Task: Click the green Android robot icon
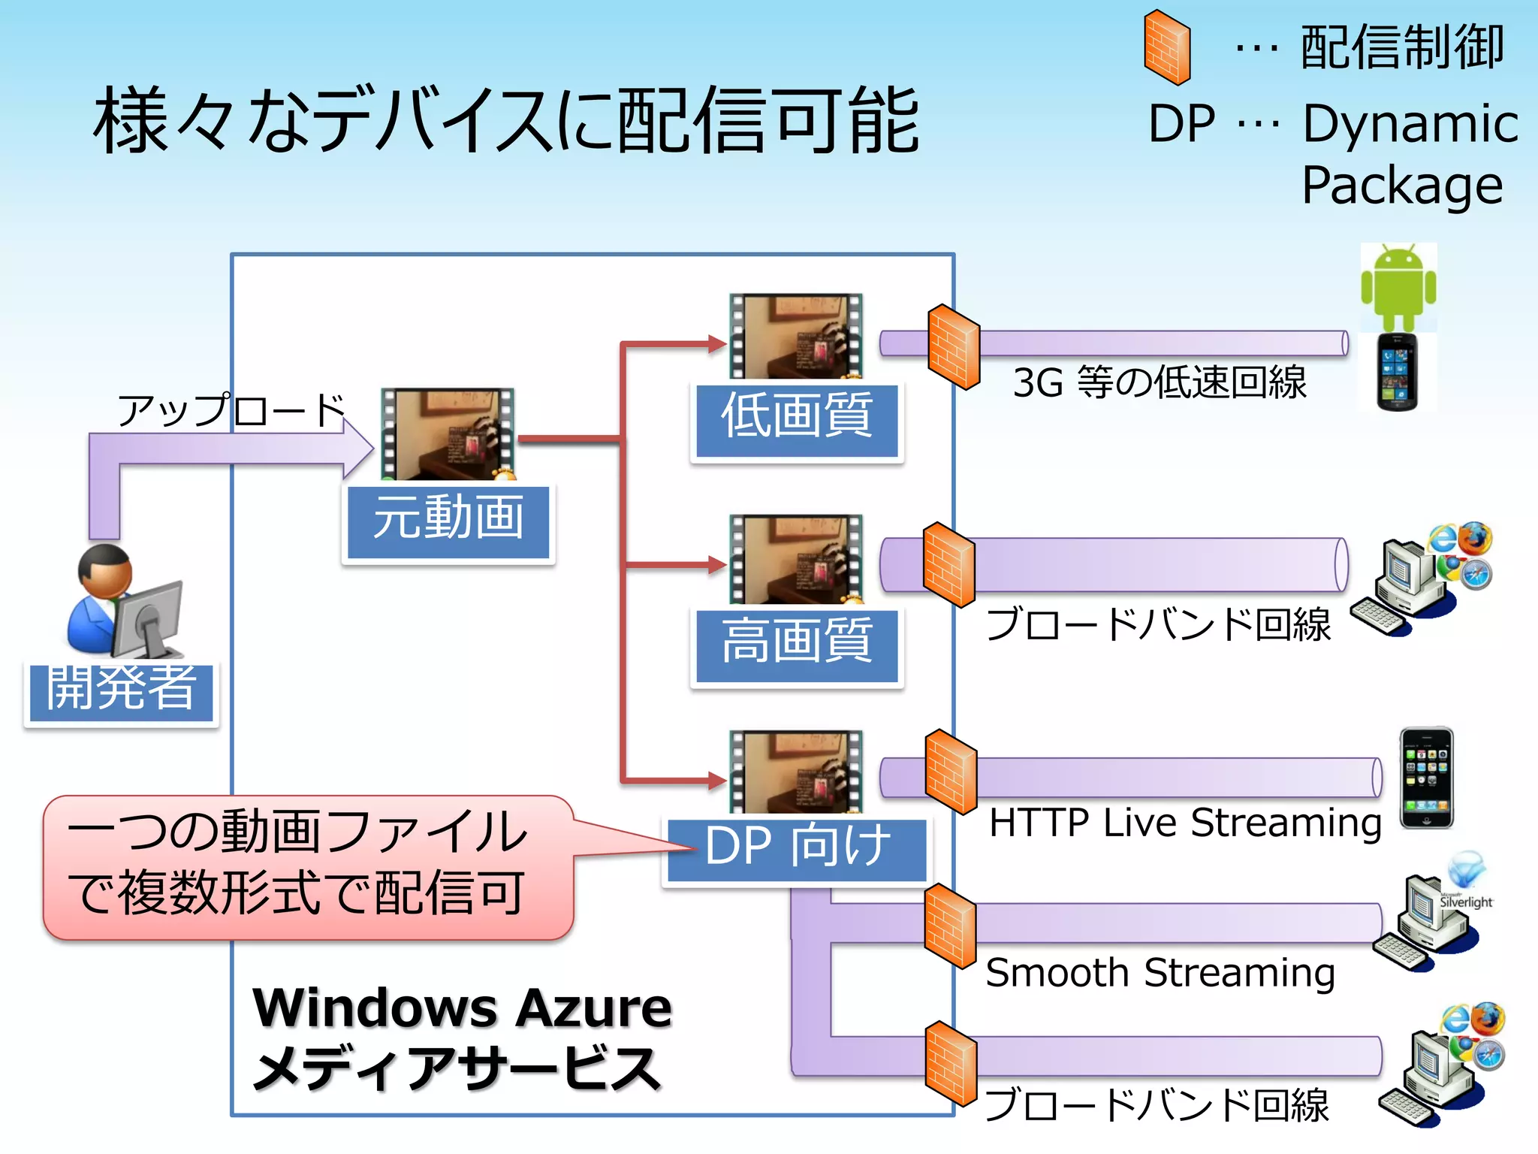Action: [x=1398, y=286]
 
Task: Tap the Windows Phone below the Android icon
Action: [x=1397, y=372]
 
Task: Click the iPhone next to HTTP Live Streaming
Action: [x=1426, y=778]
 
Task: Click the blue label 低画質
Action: [x=797, y=420]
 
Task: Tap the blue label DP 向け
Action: [x=797, y=849]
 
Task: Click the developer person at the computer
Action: [x=124, y=601]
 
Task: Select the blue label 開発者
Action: [x=121, y=691]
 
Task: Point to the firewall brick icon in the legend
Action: [x=1167, y=47]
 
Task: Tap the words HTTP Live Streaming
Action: [x=1185, y=823]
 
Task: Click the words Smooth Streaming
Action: [x=1160, y=973]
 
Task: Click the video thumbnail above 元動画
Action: [x=448, y=434]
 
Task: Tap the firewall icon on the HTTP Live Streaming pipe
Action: [x=951, y=772]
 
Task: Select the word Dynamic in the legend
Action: [x=1410, y=124]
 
